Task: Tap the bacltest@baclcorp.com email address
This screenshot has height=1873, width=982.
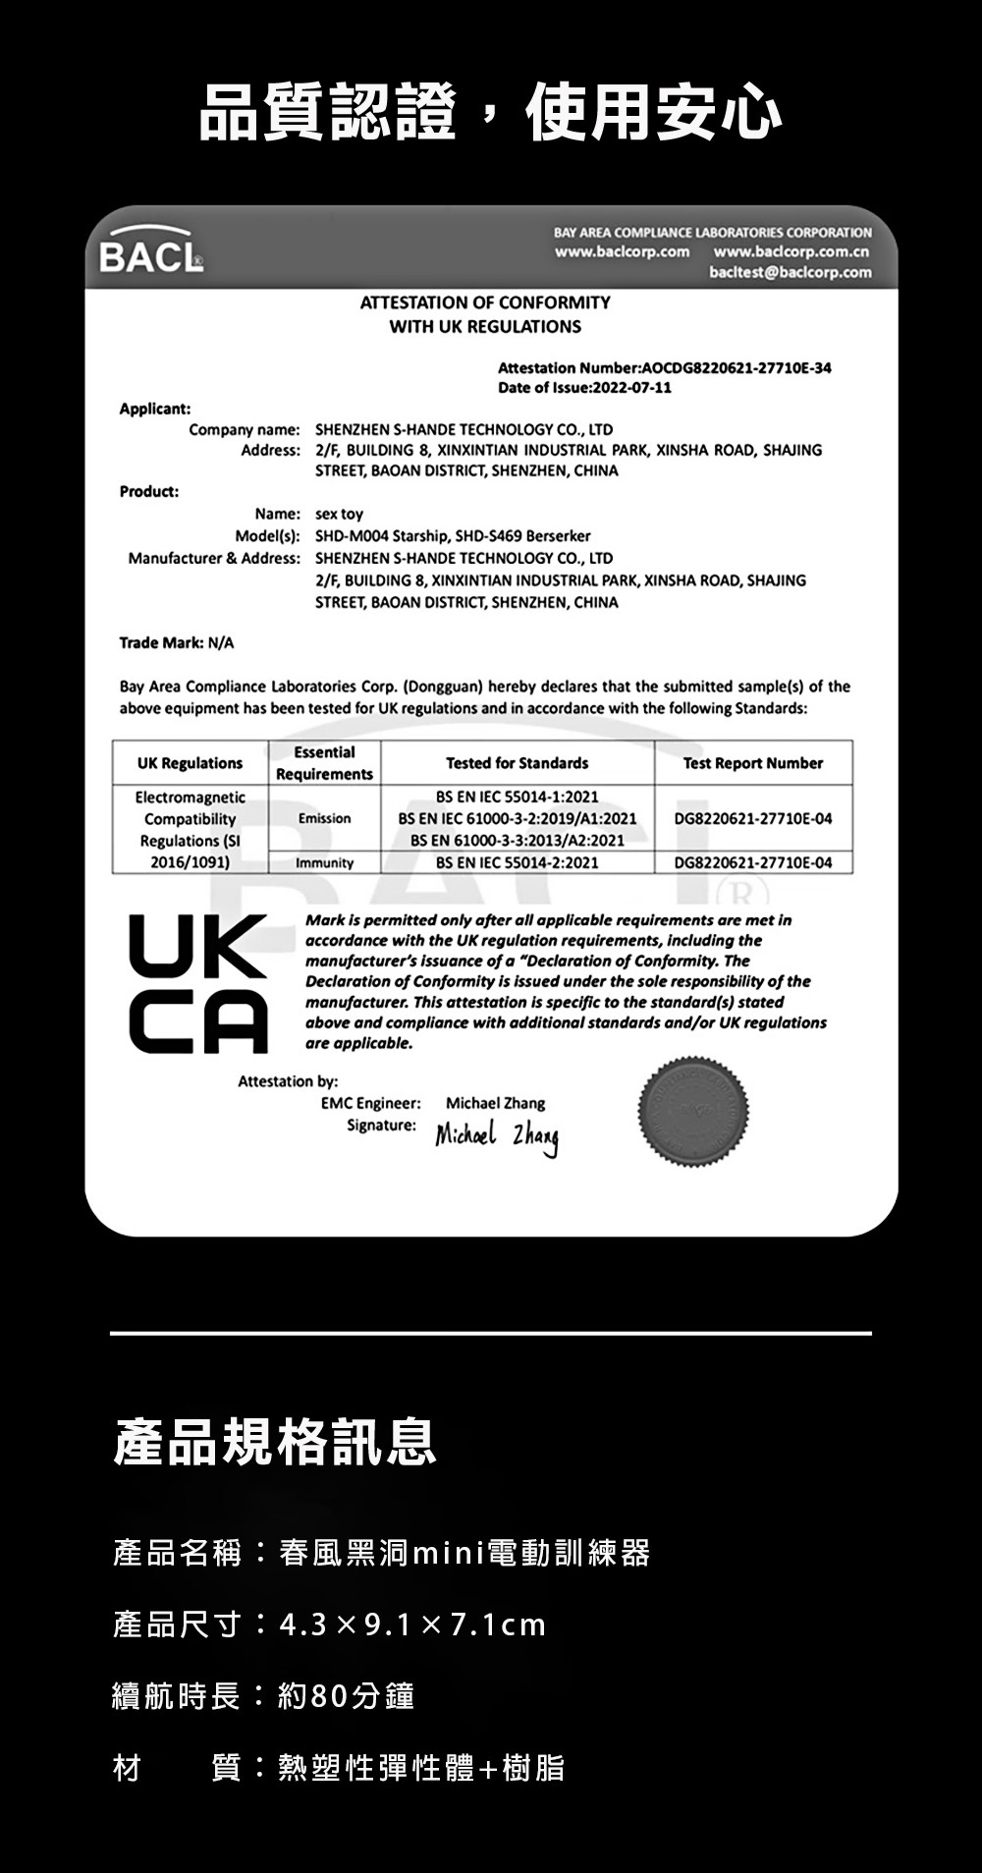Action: pyautogui.click(x=790, y=272)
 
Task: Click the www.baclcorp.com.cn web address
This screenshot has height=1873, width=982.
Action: pyautogui.click(x=791, y=252)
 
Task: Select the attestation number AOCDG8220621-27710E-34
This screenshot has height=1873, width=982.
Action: pyautogui.click(x=736, y=367)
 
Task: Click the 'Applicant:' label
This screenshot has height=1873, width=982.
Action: pyautogui.click(x=155, y=409)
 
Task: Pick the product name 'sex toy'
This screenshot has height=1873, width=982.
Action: pyautogui.click(x=339, y=514)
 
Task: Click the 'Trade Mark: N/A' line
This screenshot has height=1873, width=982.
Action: pyautogui.click(x=177, y=642)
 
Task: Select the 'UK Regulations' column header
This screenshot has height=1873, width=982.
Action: pyautogui.click(x=190, y=763)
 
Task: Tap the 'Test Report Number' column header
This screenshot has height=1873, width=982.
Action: pyautogui.click(x=753, y=763)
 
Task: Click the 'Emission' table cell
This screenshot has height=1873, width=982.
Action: pyautogui.click(x=324, y=818)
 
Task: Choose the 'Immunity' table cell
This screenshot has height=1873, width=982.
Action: pyautogui.click(x=324, y=862)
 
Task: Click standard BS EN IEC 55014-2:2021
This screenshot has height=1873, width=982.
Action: pyautogui.click(x=518, y=862)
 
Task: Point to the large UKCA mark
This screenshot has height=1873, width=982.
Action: pyautogui.click(x=198, y=983)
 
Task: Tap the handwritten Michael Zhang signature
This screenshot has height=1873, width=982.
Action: pyautogui.click(x=497, y=1135)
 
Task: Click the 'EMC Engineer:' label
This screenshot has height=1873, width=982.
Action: pyautogui.click(x=370, y=1103)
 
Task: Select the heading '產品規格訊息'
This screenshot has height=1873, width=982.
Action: pyautogui.click(x=275, y=1441)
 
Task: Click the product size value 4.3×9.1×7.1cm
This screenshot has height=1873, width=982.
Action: pyautogui.click(x=412, y=1625)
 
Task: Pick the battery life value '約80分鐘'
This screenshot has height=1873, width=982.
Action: pyautogui.click(x=347, y=1696)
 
